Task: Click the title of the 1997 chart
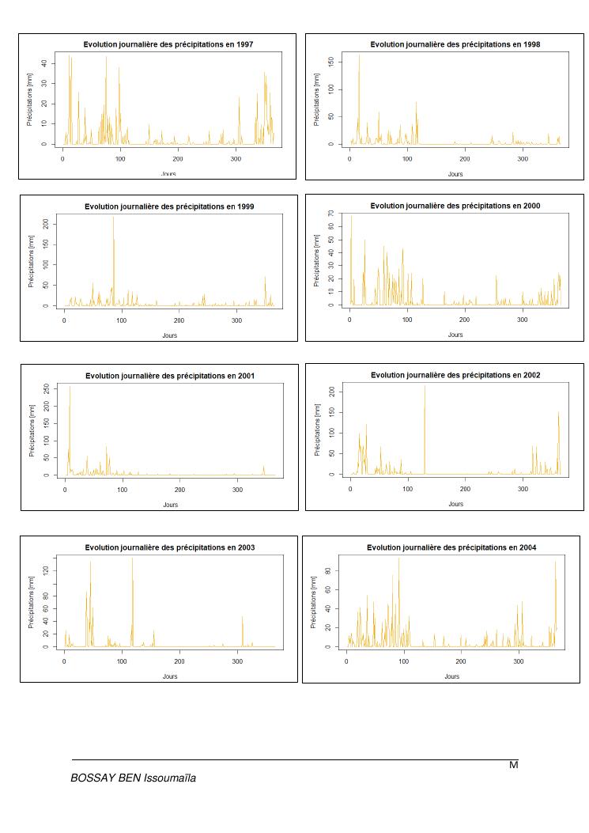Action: [x=168, y=44]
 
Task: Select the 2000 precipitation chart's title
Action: [x=455, y=206]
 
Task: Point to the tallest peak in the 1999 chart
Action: [x=113, y=218]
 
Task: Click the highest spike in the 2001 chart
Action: [x=70, y=387]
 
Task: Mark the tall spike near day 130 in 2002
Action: [x=425, y=387]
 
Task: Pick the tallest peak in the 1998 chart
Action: [x=359, y=55]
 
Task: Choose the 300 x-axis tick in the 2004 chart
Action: [x=519, y=661]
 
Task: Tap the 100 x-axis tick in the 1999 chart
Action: [x=122, y=320]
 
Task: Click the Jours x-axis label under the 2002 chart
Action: [x=455, y=504]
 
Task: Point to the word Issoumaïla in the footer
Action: [x=169, y=778]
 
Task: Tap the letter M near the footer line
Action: [x=513, y=765]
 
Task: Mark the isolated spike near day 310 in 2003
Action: [x=243, y=617]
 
